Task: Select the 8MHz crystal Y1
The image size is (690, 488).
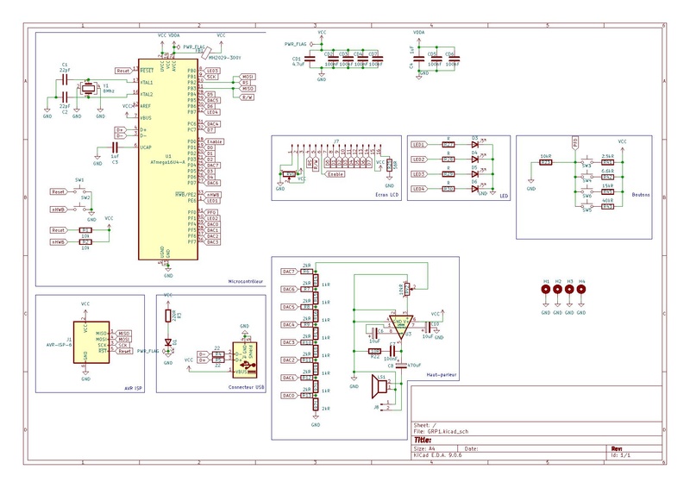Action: tap(87, 89)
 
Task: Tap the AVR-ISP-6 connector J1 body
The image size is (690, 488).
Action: tap(85, 340)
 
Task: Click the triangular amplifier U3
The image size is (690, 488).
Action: tap(399, 324)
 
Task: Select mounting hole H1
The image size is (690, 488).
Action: tap(546, 291)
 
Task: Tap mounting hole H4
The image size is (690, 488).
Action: tap(582, 291)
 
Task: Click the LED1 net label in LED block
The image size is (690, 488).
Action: tap(419, 145)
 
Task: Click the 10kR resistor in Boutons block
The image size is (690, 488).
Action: tap(544, 162)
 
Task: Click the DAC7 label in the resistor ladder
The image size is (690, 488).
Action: tap(290, 272)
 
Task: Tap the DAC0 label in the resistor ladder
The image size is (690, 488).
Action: tap(290, 396)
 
